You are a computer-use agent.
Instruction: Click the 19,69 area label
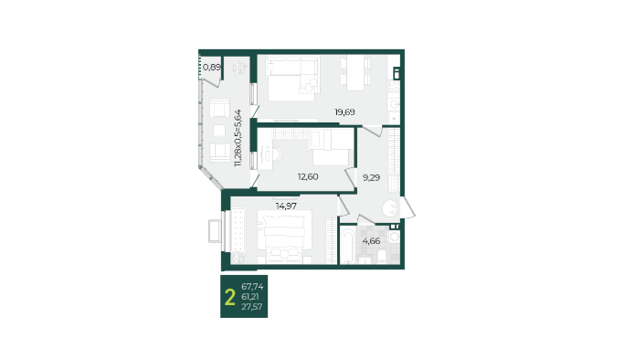click(344, 112)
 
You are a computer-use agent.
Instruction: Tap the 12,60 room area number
click(308, 176)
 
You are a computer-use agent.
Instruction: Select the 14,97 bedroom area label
click(286, 206)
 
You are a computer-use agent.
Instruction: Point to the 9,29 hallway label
click(371, 178)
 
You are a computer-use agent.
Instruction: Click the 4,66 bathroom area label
click(371, 241)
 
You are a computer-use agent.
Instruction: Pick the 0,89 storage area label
click(212, 67)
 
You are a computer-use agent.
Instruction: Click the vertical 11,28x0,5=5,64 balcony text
click(238, 138)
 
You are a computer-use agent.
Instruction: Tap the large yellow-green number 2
click(230, 297)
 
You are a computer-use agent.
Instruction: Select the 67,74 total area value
click(252, 286)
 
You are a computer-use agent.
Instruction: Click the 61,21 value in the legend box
click(250, 297)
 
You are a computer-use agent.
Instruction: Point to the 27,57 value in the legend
click(252, 307)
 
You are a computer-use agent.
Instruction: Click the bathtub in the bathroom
click(347, 245)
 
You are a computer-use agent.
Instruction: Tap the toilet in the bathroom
click(381, 257)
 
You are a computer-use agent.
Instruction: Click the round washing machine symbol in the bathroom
click(394, 237)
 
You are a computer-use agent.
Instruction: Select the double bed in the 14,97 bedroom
click(284, 236)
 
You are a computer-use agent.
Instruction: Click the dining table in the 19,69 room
click(355, 73)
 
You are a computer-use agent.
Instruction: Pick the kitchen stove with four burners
click(394, 87)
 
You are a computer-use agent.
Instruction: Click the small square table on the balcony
click(219, 131)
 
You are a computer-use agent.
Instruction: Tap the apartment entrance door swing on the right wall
click(408, 207)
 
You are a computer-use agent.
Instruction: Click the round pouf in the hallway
click(390, 207)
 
